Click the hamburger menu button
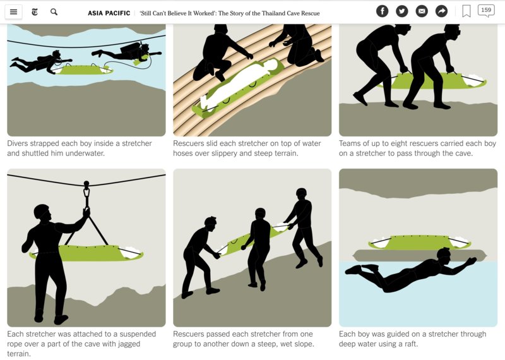[x=13, y=12]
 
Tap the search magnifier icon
[x=54, y=12]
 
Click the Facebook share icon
[x=383, y=11]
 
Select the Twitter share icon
[x=402, y=11]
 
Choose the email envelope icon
[x=422, y=11]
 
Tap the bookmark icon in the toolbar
[x=466, y=11]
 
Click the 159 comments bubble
[x=486, y=11]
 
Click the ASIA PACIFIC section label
[x=109, y=13]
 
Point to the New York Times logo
[x=35, y=12]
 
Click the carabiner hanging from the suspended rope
[x=86, y=193]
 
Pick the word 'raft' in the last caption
[x=411, y=344]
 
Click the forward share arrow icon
[x=441, y=11]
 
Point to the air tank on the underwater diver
[x=131, y=47]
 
